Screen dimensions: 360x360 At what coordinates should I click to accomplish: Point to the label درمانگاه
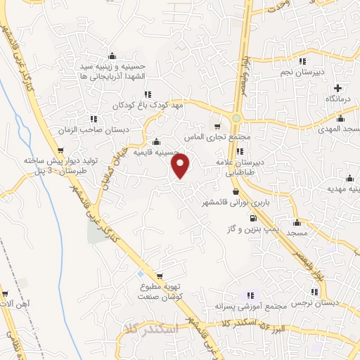pos(338,100)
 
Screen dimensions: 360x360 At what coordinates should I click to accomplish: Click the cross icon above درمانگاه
pos(338,89)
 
